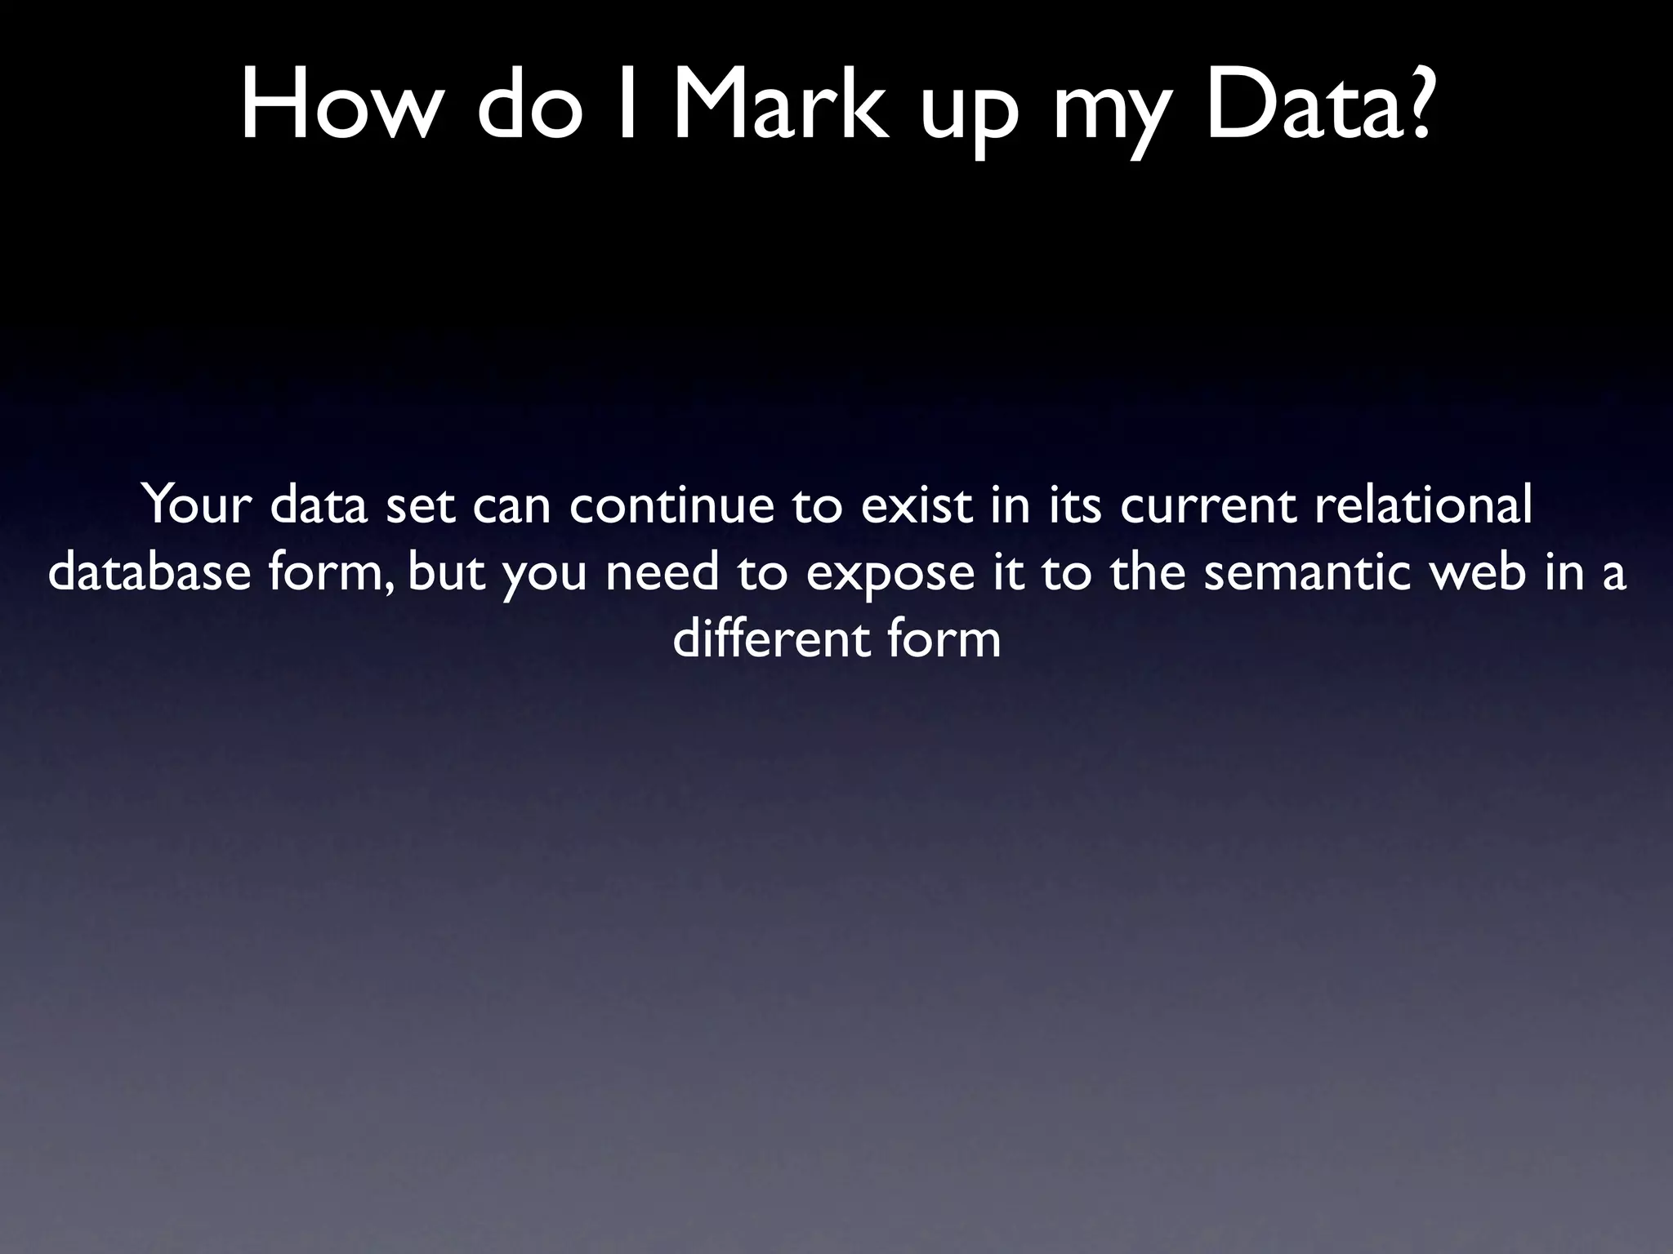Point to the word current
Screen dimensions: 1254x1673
[1207, 506]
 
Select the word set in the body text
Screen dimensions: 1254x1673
[420, 506]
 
